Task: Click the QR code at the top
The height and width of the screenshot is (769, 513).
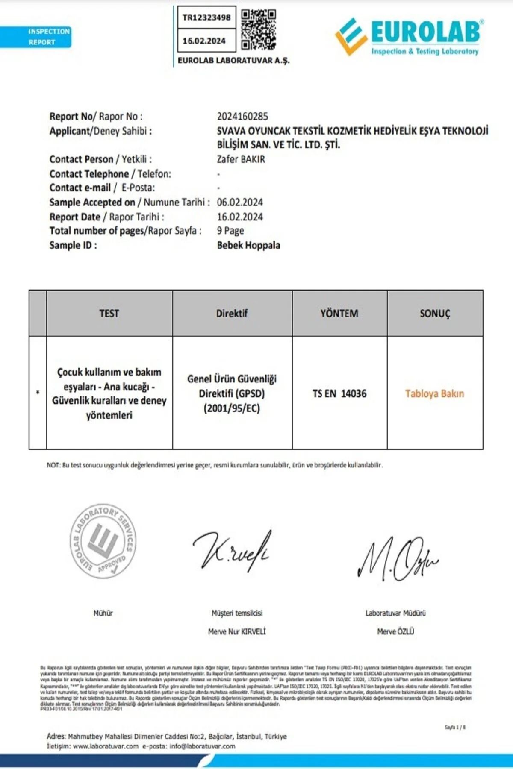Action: point(258,29)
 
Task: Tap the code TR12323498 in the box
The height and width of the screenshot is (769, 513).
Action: point(206,18)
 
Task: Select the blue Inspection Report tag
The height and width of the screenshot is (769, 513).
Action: point(36,37)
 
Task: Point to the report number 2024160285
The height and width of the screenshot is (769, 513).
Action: point(242,116)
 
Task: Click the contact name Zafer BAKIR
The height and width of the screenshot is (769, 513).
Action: point(241,159)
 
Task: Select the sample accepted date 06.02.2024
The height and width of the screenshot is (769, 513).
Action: point(240,202)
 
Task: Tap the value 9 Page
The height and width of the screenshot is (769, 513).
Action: point(230,231)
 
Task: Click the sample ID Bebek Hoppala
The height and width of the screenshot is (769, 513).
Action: point(249,245)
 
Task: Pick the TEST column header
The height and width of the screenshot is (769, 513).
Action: point(109,313)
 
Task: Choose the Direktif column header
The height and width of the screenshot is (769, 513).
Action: point(232,313)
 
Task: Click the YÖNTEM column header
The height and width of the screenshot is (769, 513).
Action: point(339,313)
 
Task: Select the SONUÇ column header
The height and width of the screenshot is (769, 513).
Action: point(435,313)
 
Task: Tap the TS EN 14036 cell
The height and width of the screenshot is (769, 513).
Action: point(339,393)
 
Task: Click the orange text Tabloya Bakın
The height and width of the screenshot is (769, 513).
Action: point(434,393)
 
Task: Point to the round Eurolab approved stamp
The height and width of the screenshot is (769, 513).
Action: point(103,540)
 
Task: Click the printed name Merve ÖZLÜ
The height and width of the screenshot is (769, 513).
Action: point(395,631)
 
